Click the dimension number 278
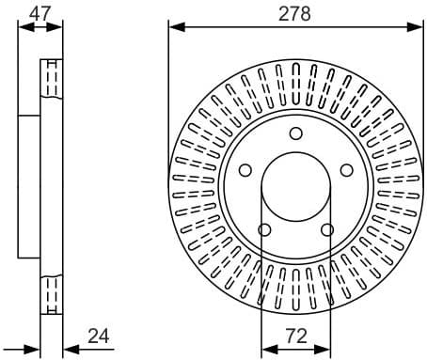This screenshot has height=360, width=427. (295, 13)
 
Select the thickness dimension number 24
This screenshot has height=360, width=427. (99, 336)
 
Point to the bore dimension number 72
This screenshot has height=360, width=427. (295, 336)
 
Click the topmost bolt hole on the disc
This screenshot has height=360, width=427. (295, 133)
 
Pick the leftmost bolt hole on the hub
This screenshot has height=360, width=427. (245, 170)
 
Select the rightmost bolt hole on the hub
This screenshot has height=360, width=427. (346, 170)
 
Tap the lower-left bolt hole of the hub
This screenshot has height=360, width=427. (264, 230)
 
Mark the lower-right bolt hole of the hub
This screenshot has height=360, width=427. (326, 230)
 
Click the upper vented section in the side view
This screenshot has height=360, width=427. (52, 79)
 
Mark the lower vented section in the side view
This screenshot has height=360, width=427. (52, 294)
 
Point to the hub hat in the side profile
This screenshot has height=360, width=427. (30, 186)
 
